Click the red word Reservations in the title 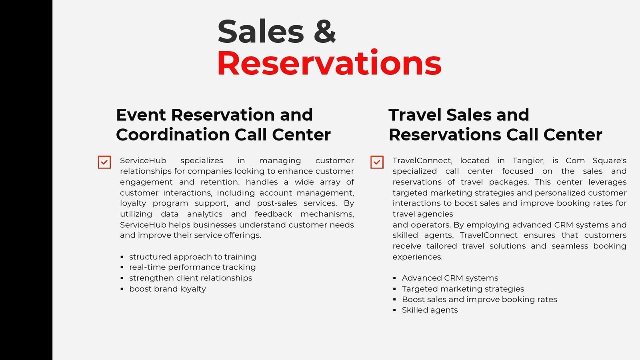pyautogui.click(x=330, y=62)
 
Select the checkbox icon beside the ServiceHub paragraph pyautogui.click(x=104, y=162)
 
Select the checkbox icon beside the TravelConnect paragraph pyautogui.click(x=377, y=162)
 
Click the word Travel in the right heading pyautogui.click(x=415, y=115)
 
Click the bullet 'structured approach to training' pyautogui.click(x=192, y=257)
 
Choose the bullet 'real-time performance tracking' pyautogui.click(x=192, y=267)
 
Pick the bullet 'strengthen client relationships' pyautogui.click(x=190, y=278)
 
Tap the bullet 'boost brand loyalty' pyautogui.click(x=168, y=289)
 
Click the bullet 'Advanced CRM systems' pyautogui.click(x=450, y=278)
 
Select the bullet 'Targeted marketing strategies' pyautogui.click(x=463, y=289)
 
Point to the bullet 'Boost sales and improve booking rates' pyautogui.click(x=480, y=300)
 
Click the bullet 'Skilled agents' pyautogui.click(x=430, y=310)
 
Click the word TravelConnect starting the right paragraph pyautogui.click(x=422, y=160)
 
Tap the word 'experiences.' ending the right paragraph pyautogui.click(x=418, y=257)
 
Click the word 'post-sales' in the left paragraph pyautogui.click(x=277, y=203)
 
